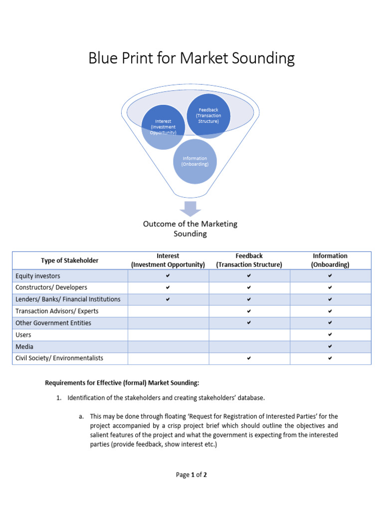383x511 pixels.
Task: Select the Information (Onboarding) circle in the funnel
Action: coord(194,162)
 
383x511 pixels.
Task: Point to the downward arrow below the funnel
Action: coord(190,209)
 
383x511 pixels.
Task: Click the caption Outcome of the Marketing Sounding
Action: coord(190,229)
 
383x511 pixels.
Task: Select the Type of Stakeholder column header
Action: coord(70,260)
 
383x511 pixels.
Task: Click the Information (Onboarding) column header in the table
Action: coord(330,260)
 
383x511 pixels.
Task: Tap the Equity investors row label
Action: coord(38,276)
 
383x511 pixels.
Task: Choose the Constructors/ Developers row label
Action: coord(51,287)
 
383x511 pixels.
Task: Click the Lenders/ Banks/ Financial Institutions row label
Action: coord(68,299)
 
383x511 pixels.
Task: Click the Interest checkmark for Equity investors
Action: coord(168,276)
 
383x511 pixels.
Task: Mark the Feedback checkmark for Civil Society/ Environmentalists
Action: coord(249,358)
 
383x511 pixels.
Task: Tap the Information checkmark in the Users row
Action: coord(330,335)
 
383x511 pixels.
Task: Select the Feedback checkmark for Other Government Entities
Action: coord(249,323)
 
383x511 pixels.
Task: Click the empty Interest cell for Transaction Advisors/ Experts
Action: coord(168,311)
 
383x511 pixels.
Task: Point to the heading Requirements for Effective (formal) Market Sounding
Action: coord(122,383)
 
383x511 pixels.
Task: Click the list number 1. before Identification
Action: coord(58,398)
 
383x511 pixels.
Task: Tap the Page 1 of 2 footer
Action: coord(191,475)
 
